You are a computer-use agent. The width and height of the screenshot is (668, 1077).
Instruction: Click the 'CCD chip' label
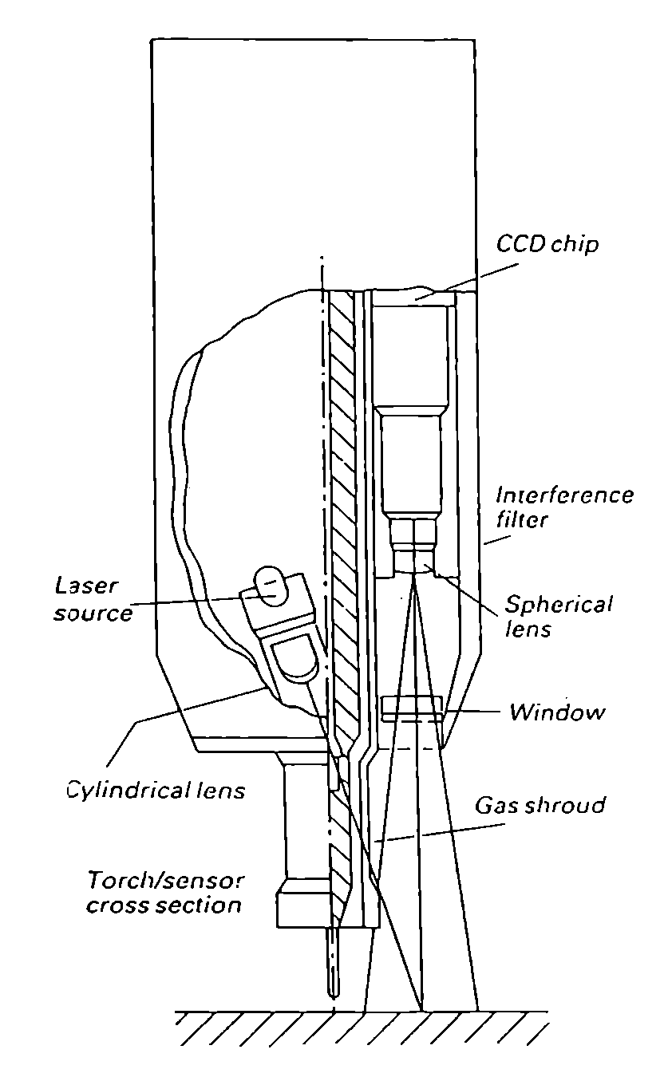click(547, 244)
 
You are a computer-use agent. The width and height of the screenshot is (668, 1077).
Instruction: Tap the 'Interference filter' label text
click(564, 507)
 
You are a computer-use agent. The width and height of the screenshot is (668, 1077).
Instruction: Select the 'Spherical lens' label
click(559, 616)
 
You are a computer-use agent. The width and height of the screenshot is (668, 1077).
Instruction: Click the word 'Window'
click(557, 712)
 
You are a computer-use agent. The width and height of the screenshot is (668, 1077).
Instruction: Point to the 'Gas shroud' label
click(540, 805)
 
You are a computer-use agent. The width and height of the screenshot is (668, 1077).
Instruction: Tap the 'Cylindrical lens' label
click(156, 791)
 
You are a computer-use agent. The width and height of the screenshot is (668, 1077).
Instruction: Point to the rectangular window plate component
click(412, 708)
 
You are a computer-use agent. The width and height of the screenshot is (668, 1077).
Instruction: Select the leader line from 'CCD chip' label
click(468, 281)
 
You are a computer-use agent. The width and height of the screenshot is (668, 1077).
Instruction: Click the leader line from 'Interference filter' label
click(496, 539)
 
